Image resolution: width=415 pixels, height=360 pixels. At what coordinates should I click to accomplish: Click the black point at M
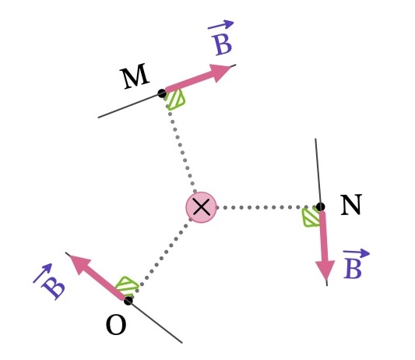click(162, 94)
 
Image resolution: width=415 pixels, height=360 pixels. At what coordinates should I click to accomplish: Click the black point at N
click(321, 206)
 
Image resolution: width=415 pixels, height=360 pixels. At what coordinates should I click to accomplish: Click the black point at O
click(128, 301)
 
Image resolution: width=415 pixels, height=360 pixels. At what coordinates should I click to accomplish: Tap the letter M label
click(135, 76)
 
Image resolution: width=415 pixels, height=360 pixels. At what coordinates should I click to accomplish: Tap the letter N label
click(351, 205)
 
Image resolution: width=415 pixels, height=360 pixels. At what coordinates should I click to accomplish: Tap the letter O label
click(116, 326)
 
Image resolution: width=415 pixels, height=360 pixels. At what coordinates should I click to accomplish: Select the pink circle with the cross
click(202, 207)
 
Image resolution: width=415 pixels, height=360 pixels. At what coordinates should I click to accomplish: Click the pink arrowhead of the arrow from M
click(220, 72)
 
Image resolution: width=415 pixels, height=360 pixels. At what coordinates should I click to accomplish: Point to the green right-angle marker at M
click(175, 100)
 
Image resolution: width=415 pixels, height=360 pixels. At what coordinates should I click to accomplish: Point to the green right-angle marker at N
click(311, 217)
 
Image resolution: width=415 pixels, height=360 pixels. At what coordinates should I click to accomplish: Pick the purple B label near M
click(223, 44)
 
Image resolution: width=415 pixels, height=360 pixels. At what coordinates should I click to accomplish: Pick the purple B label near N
click(353, 269)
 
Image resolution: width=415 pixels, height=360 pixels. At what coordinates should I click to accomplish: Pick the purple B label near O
click(54, 289)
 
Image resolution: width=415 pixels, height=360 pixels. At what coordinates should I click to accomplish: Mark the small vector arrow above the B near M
click(220, 25)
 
